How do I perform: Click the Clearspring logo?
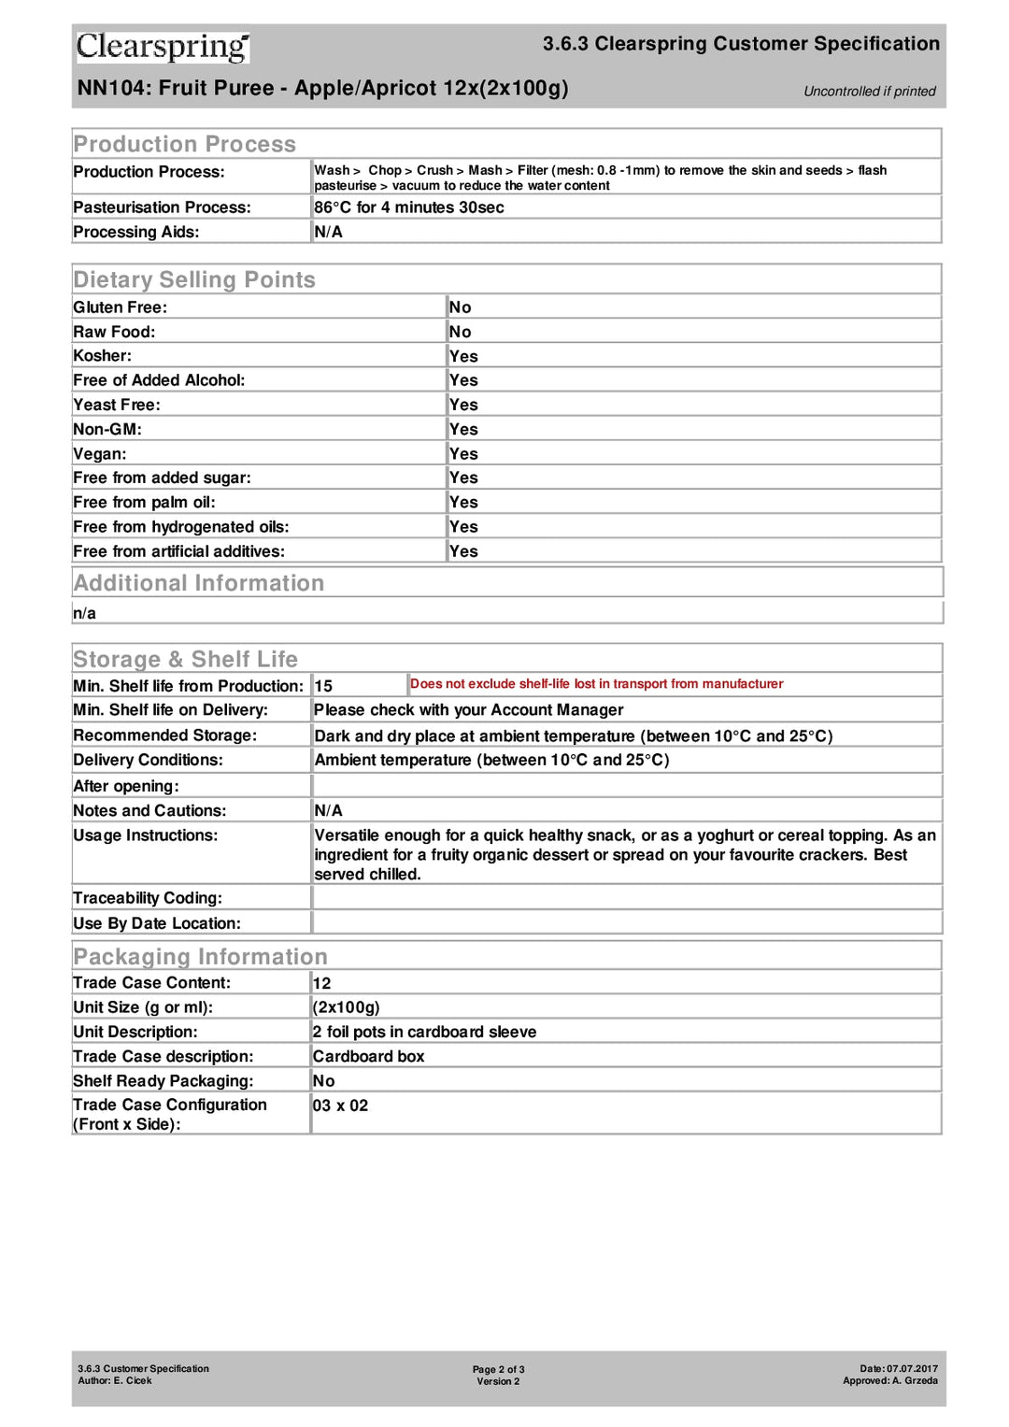pos(163,46)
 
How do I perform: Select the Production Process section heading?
pos(184,144)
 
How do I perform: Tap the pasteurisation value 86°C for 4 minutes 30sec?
pos(408,207)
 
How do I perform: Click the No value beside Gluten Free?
pos(460,307)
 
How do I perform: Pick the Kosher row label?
pos(103,356)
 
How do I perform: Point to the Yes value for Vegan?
pos(462,454)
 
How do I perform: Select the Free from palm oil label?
pos(144,503)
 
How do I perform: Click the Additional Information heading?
pos(198,583)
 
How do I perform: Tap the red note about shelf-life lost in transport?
pos(596,684)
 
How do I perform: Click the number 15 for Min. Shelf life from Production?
pos(323,686)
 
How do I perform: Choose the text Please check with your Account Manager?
pos(468,710)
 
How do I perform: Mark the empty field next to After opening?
pos(626,786)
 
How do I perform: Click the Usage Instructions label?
pos(145,835)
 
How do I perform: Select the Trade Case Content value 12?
pos(321,983)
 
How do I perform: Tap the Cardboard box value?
pos(368,1056)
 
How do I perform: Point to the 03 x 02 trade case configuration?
pos(340,1106)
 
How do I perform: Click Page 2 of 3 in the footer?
pos(498,1369)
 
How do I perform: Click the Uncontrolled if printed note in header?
pos(869,92)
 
